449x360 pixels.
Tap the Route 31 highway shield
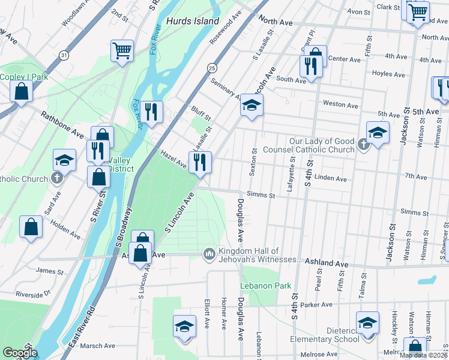[63, 55]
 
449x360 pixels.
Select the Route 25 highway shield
[212, 69]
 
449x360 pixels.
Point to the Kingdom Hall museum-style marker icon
[209, 255]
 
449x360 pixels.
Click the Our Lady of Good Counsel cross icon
[363, 145]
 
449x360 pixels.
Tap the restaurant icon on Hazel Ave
[200, 161]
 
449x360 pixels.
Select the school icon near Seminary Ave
[252, 106]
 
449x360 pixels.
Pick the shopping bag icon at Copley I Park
[21, 91]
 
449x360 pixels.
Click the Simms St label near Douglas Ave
[262, 196]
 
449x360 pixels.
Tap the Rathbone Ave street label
[62, 122]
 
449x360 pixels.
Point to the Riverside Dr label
[34, 295]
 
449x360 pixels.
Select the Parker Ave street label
[318, 305]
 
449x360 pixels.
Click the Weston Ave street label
[340, 104]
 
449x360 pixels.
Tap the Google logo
[19, 353]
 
